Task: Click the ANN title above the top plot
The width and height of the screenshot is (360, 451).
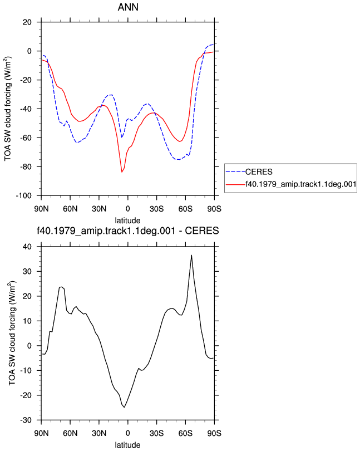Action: click(128, 7)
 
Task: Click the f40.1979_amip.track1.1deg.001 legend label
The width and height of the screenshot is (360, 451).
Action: click(301, 184)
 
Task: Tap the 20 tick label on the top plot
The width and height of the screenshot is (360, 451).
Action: click(27, 22)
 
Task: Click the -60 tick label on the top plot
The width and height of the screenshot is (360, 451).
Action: click(26, 138)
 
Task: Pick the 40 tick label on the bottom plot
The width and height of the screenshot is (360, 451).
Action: click(27, 247)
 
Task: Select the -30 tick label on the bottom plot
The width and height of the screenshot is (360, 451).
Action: click(26, 420)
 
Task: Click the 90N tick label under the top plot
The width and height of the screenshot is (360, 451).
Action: click(41, 209)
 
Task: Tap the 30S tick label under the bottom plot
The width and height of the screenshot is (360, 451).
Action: click(157, 433)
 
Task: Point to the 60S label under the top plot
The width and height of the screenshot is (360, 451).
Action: click(185, 209)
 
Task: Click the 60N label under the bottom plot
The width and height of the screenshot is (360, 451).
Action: click(70, 433)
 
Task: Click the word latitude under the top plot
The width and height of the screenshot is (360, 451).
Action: click(127, 220)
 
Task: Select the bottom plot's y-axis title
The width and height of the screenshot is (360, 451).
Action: click(12, 333)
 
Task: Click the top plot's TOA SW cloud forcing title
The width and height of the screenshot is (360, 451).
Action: click(7, 109)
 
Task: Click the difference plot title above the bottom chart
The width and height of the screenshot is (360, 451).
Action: click(128, 231)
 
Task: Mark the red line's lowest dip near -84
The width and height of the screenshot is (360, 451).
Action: click(122, 172)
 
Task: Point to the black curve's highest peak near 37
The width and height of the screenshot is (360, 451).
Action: click(191, 255)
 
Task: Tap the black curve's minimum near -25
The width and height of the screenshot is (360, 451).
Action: click(124, 407)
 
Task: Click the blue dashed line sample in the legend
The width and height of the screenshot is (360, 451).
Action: click(235, 171)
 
